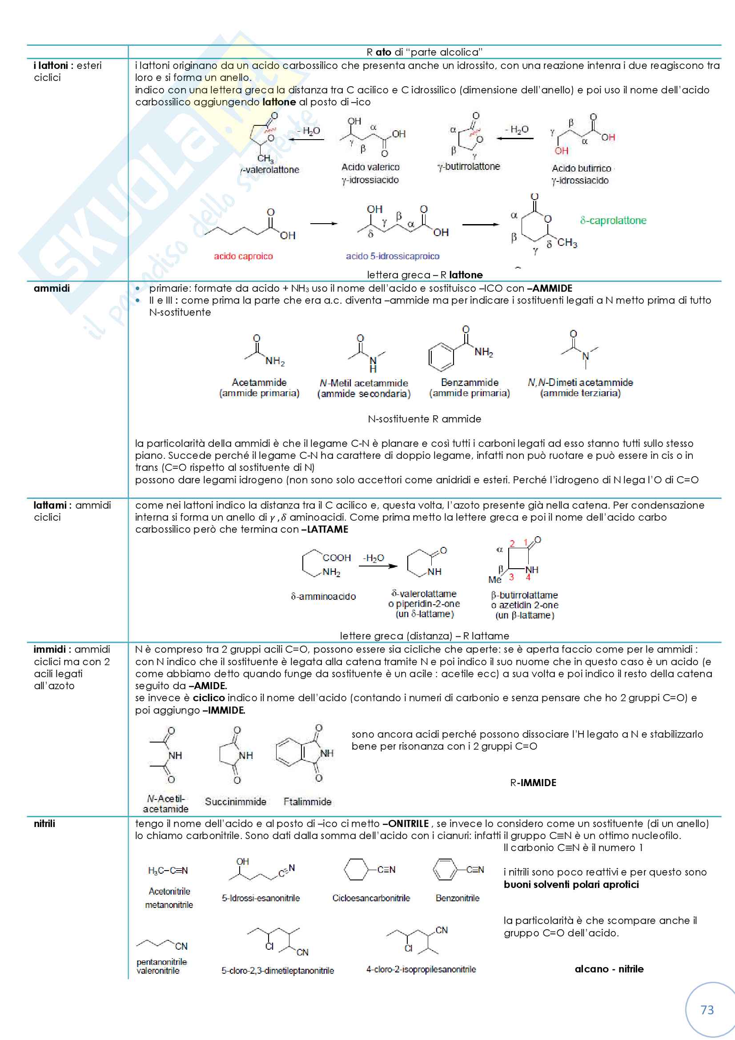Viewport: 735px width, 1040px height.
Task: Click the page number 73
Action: point(707,1010)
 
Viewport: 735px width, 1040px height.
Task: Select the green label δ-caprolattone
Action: point(613,221)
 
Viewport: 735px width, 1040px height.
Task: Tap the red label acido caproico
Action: point(243,256)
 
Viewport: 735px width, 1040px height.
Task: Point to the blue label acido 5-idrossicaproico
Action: point(392,256)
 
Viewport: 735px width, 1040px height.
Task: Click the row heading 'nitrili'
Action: point(44,823)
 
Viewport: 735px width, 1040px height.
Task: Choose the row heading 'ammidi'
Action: point(52,288)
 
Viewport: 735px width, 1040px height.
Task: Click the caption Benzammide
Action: point(470,382)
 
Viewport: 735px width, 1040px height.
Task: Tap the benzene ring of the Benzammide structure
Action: point(441,357)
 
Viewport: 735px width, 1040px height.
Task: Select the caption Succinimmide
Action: point(236,801)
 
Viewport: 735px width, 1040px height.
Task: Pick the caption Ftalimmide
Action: point(308,801)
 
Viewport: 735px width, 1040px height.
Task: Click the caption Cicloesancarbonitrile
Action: point(371,898)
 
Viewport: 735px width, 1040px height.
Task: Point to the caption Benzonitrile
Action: point(458,898)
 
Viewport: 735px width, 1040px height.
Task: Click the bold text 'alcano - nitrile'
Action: point(609,969)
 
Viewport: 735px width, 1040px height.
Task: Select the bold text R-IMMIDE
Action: point(533,782)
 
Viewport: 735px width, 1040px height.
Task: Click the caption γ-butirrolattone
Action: point(469,166)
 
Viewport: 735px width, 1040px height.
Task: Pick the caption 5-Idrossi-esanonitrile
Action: point(261,898)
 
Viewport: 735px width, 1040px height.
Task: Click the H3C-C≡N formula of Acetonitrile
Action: point(168,870)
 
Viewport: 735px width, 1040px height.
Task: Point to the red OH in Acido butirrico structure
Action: point(562,150)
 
